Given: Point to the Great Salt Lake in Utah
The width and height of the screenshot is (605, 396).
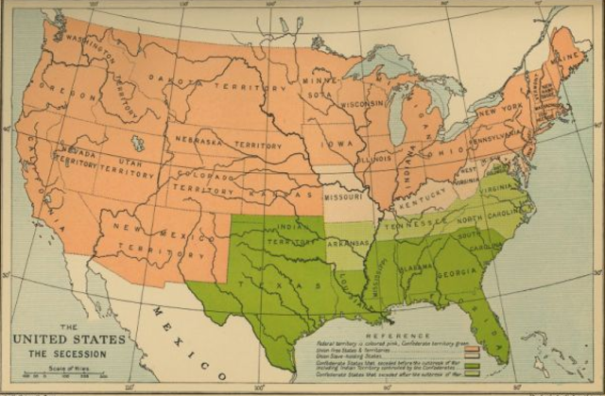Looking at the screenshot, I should pyautogui.click(x=138, y=144).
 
